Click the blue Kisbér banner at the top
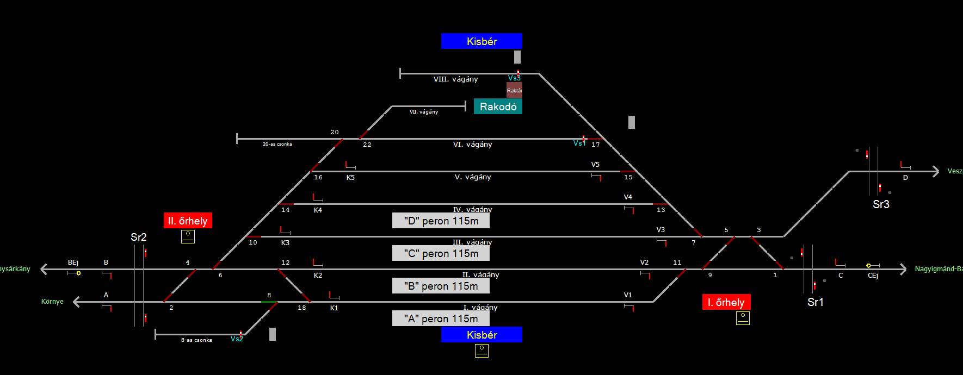click(x=481, y=41)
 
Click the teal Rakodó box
click(x=498, y=107)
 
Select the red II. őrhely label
click(x=188, y=221)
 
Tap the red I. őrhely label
click(x=726, y=302)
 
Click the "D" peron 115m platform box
click(x=441, y=221)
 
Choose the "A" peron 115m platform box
click(x=441, y=318)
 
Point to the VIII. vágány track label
click(x=455, y=79)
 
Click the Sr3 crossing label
click(x=881, y=204)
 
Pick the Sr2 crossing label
click(x=138, y=237)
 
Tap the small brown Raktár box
click(x=514, y=90)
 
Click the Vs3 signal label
click(x=514, y=78)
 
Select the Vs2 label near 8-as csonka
click(x=236, y=339)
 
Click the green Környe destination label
click(x=52, y=302)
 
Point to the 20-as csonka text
click(x=277, y=145)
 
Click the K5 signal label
click(x=350, y=178)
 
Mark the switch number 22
click(x=367, y=145)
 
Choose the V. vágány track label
click(x=473, y=177)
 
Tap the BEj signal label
click(x=73, y=262)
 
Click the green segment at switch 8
click(x=269, y=302)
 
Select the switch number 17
click(x=596, y=145)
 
